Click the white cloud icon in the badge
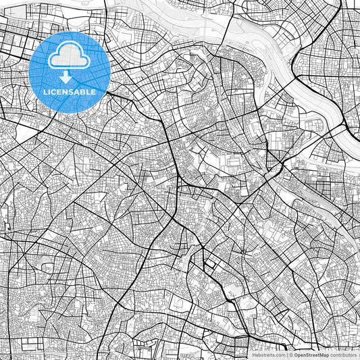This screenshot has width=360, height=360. (x=70, y=57)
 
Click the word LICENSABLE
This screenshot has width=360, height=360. (x=70, y=91)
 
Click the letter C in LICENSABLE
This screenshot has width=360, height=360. (x=54, y=91)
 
